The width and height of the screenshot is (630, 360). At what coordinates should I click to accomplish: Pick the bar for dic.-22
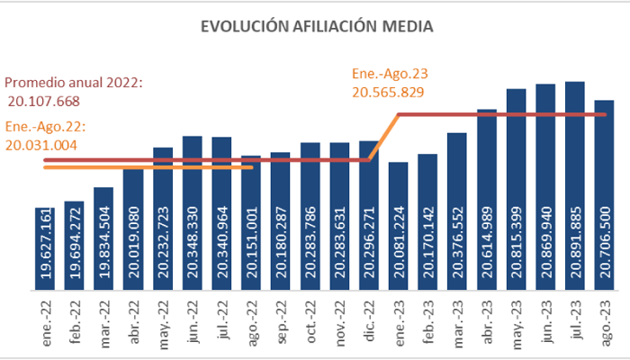pos(369,216)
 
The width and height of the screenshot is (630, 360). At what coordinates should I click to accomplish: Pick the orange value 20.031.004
pos(41,144)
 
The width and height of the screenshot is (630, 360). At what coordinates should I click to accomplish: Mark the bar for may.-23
pos(517,190)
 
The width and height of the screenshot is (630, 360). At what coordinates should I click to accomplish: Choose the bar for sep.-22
pos(281,221)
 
